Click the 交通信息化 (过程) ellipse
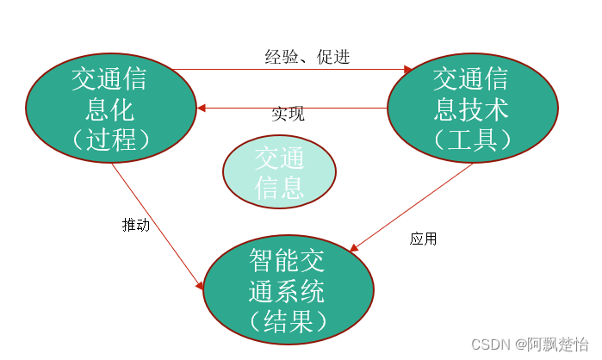coord(110,108)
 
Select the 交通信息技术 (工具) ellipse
coord(472,108)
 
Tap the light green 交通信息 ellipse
coord(279,172)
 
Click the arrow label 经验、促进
coord(307,58)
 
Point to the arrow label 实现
coord(288,114)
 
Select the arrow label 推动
coord(136,225)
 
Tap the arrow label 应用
coord(423,239)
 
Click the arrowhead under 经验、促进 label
coord(409,70)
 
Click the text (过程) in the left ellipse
coord(110,138)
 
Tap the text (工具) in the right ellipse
coord(472,138)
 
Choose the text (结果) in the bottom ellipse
coord(289,320)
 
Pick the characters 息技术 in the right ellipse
coord(472,109)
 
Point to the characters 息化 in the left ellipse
coord(110,109)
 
